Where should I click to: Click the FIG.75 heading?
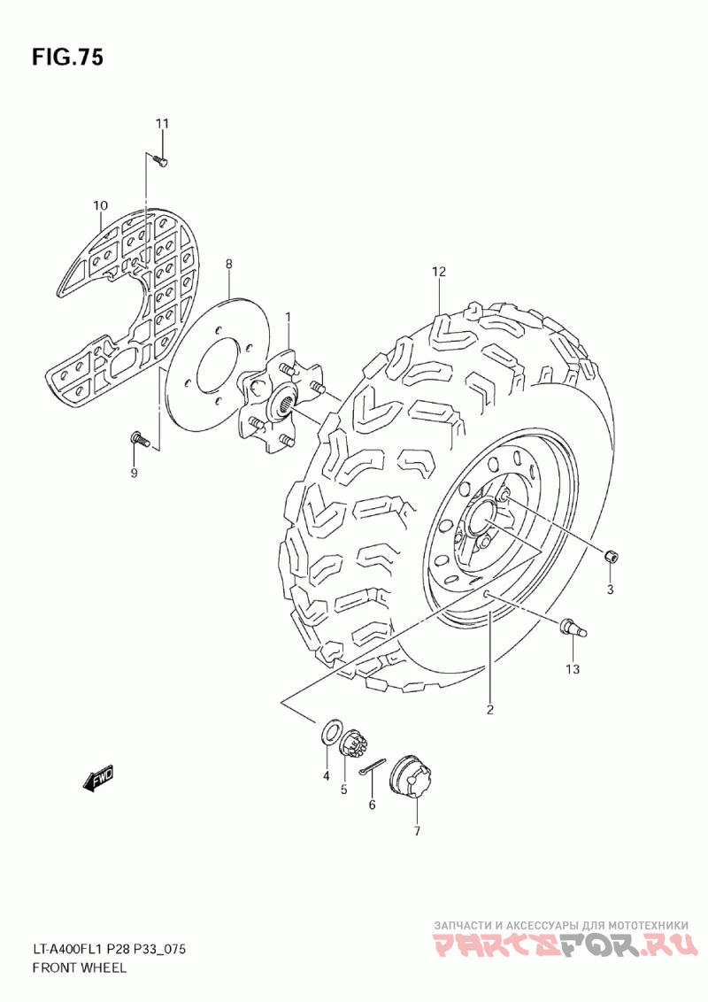tap(67, 58)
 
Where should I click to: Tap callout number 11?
tap(162, 123)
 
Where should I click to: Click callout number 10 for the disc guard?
tap(100, 207)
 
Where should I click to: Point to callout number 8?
tap(228, 264)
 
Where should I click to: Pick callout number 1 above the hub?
tap(288, 316)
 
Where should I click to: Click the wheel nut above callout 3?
tap(611, 556)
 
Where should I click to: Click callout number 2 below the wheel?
tap(489, 708)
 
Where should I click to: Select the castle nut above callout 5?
tap(352, 742)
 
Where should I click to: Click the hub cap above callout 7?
tap(412, 776)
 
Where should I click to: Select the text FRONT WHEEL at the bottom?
tap(80, 967)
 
